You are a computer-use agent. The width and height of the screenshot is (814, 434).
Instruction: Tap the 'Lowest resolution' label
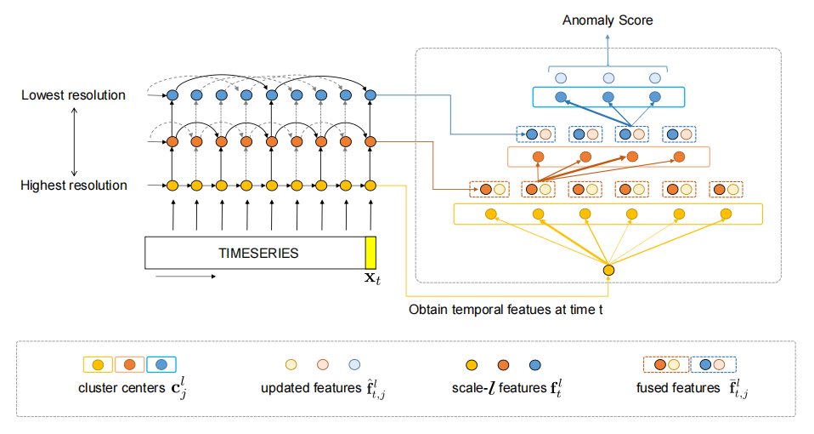[x=73, y=95]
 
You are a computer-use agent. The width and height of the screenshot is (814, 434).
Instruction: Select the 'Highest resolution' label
[x=74, y=186]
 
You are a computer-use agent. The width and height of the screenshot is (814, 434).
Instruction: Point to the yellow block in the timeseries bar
[x=370, y=253]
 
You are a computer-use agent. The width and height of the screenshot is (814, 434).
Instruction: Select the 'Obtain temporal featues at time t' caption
[x=506, y=310]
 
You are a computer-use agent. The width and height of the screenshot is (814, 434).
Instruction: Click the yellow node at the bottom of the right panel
[x=608, y=271]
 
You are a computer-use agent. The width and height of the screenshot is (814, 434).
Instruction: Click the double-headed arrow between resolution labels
[x=75, y=140]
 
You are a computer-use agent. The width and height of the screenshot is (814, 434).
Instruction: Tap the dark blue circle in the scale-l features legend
[x=534, y=365]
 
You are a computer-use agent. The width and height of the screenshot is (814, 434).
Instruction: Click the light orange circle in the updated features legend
[x=324, y=365]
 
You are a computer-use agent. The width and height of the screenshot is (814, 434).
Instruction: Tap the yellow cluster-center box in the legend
[x=97, y=365]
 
